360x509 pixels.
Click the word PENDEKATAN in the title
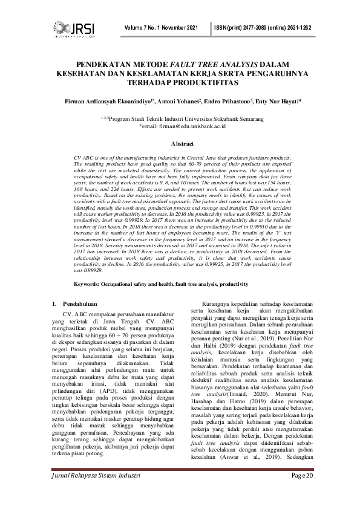tap(103, 64)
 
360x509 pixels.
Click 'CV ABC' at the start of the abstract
tap(83, 157)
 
